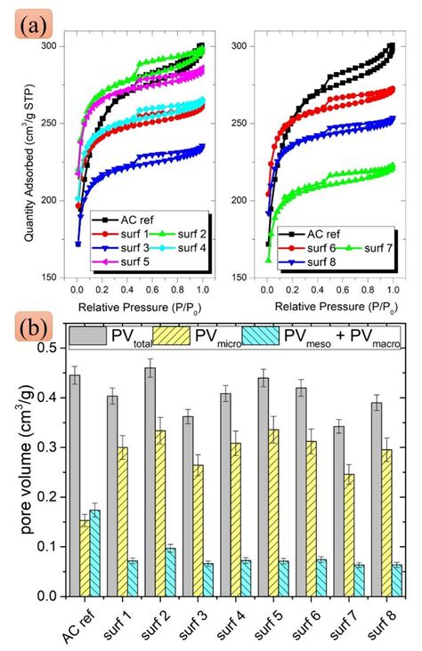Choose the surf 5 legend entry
coord(134,261)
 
